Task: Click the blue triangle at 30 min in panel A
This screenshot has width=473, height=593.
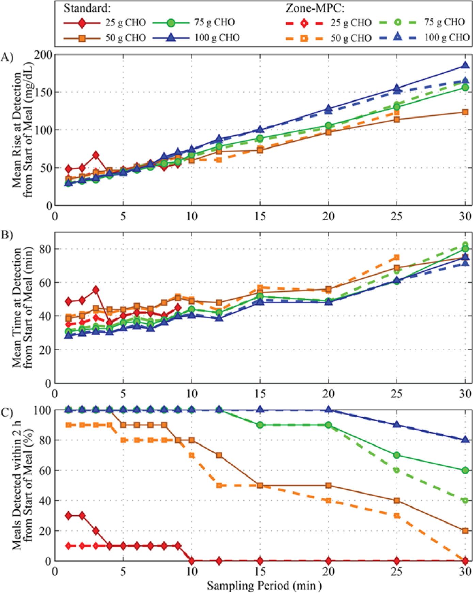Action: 465,65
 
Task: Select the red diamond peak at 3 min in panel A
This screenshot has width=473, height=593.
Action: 96,155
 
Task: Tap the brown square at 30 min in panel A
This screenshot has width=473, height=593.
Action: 465,112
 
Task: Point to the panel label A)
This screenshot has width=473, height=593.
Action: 7,57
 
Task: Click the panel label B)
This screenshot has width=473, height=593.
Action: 7,235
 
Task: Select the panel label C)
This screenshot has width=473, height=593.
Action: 7,412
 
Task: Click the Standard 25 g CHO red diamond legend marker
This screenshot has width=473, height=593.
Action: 82,23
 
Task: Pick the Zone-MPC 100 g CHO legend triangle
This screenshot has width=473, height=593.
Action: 397,37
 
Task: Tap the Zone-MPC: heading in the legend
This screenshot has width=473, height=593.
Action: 315,9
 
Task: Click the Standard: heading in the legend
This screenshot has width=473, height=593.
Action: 87,9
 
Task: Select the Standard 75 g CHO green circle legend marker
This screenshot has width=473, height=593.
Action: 171,23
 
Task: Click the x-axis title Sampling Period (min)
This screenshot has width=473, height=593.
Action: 264,586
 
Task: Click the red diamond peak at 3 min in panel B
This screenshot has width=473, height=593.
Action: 96,290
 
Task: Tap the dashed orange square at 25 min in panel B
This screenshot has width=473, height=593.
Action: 397,258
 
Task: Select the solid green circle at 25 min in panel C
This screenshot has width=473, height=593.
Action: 397,455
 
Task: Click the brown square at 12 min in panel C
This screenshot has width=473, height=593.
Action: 219,455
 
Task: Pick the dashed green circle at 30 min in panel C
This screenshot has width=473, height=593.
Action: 465,500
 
